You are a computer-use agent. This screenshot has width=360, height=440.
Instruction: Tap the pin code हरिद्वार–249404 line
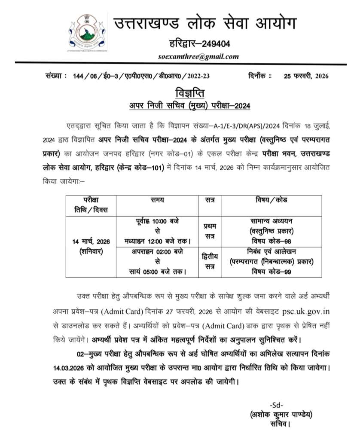[199, 43]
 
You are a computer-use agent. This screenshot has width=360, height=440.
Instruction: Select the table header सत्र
[211, 200]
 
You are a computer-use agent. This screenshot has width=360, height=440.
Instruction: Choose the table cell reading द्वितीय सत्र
[211, 262]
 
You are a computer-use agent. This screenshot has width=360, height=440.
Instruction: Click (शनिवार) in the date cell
[91, 251]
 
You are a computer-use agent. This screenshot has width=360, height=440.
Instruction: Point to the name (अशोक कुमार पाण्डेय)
[281, 415]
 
